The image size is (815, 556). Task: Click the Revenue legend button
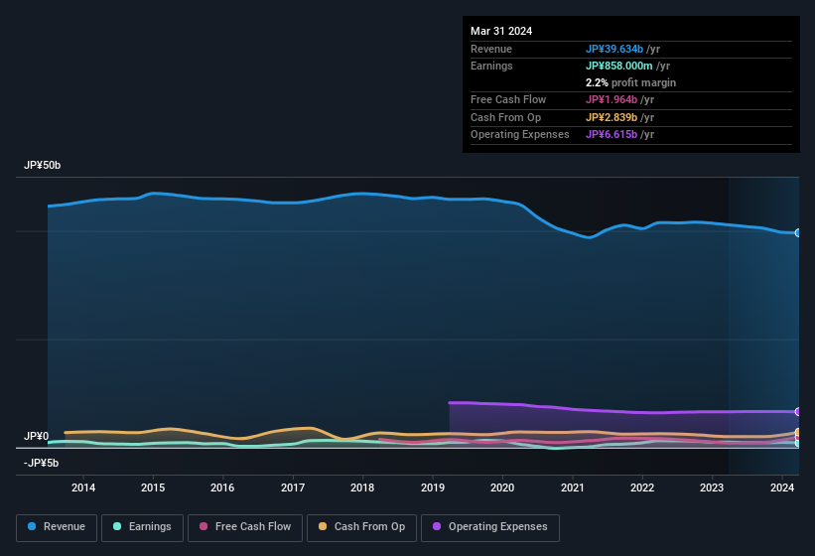[x=57, y=526]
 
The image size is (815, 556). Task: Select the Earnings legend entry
[x=142, y=526]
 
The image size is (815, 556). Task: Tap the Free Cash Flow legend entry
[x=245, y=526]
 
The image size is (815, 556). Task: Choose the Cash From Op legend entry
[x=360, y=526]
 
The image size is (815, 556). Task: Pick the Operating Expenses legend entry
[x=489, y=526]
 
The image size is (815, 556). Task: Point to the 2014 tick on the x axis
[x=83, y=487]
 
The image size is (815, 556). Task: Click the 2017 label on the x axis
[x=293, y=487]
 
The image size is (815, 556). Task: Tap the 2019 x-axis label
[x=433, y=487]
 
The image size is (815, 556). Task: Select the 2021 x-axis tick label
[x=572, y=487]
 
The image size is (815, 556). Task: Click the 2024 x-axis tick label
[x=782, y=487]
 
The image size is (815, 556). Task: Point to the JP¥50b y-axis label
[x=43, y=166]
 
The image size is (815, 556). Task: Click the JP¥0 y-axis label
[x=37, y=436]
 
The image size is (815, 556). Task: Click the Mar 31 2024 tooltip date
[x=501, y=31]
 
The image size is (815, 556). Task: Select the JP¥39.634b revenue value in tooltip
[x=622, y=49]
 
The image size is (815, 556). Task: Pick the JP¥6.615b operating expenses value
[x=619, y=134]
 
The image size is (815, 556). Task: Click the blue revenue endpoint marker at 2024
[x=798, y=232]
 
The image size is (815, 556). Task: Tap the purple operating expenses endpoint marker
[x=798, y=411]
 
